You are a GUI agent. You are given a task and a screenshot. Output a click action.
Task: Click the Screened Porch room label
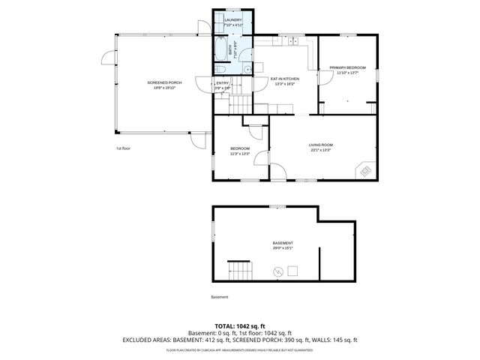pyautogui.click(x=164, y=85)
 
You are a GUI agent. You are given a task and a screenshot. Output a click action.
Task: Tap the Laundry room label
pyautogui.click(x=232, y=22)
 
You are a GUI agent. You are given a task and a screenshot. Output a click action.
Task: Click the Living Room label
pyautogui.click(x=320, y=146)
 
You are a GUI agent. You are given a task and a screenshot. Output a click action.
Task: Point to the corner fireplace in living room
pyautogui.click(x=365, y=170)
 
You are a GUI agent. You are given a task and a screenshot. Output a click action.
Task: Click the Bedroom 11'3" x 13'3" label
pyautogui.click(x=239, y=151)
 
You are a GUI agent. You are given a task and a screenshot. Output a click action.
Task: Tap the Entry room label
pyautogui.click(x=223, y=85)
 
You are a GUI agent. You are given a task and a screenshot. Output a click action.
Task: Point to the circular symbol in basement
pyautogui.click(x=279, y=272)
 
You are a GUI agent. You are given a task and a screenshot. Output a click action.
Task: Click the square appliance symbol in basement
pyautogui.click(x=294, y=271)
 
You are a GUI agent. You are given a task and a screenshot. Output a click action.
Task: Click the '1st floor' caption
pyautogui.click(x=123, y=148)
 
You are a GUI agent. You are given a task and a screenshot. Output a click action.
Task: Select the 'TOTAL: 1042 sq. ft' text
pyautogui.click(x=239, y=326)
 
